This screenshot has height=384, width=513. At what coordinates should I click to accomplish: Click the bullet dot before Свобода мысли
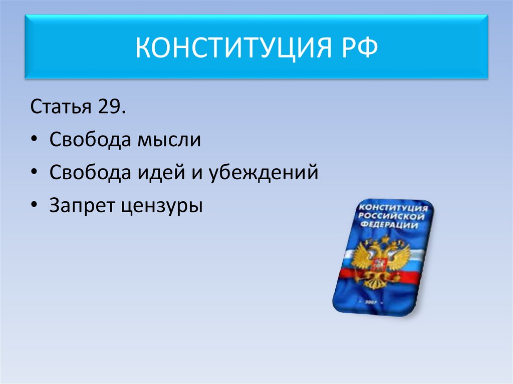tap(35, 141)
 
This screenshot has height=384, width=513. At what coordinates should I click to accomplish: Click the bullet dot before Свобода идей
tap(35, 173)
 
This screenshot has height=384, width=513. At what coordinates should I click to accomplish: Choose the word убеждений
tap(261, 173)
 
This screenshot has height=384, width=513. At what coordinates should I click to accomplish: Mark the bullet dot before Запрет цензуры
tap(35, 206)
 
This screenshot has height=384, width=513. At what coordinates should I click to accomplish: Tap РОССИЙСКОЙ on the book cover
tap(392, 216)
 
